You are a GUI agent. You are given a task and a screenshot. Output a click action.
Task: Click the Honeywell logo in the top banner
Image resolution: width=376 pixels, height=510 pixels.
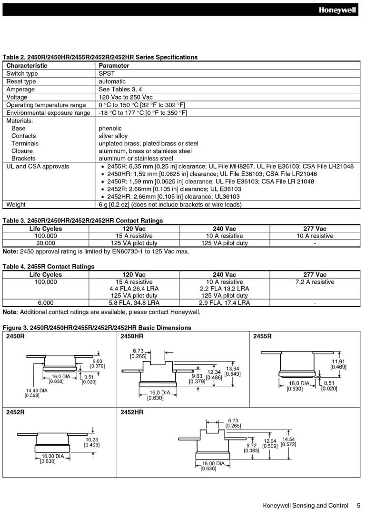point(337,10)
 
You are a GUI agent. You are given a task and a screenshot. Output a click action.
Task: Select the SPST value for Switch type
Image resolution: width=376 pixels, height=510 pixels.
point(107,74)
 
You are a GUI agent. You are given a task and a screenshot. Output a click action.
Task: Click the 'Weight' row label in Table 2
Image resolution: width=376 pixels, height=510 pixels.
point(16,205)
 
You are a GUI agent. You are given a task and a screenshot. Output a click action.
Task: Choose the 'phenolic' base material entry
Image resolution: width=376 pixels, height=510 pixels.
point(110,129)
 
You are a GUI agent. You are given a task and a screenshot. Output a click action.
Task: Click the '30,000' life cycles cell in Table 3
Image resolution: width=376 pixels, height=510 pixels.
point(46,243)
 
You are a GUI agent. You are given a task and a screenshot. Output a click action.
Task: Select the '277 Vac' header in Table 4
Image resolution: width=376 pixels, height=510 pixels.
point(315,275)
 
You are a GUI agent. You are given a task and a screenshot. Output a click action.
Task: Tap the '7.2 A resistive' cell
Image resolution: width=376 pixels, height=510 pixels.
point(315,282)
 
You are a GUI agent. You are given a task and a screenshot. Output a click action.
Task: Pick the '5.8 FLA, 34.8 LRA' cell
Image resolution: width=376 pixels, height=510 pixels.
point(134,303)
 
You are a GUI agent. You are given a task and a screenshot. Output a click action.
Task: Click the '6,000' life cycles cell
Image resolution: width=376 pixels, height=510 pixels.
point(46,303)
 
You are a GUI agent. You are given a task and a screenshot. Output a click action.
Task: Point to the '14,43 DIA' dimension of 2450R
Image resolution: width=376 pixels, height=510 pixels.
point(36,390)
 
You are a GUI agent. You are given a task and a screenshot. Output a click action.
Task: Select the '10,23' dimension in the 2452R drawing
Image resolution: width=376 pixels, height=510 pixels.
point(92,440)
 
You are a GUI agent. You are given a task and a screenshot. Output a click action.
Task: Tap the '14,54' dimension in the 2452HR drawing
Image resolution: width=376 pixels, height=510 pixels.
point(288,439)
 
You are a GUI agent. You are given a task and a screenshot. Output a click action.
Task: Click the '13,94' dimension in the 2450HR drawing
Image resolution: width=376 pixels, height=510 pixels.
point(233,369)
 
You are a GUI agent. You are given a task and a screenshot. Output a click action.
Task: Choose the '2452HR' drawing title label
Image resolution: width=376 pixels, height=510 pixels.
point(132,412)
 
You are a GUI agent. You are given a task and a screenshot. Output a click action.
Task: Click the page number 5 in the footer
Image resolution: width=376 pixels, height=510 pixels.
point(358,505)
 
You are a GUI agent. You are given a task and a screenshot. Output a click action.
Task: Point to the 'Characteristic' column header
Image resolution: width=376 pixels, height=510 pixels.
point(27,66)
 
